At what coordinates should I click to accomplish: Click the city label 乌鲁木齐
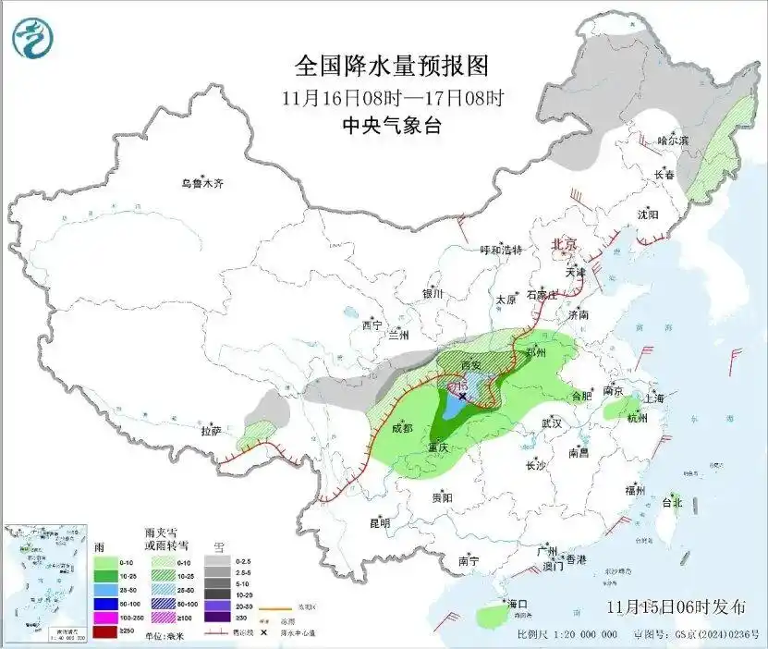pyautogui.click(x=202, y=183)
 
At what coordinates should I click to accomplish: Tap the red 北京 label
pyautogui.click(x=564, y=244)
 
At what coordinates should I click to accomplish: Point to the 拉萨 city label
pyautogui.click(x=211, y=431)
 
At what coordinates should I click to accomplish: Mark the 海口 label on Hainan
pyautogui.click(x=518, y=604)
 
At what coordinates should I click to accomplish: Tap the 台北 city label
pyautogui.click(x=671, y=503)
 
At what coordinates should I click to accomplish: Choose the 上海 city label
pyautogui.click(x=654, y=398)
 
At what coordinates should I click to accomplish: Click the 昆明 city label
pyautogui.click(x=380, y=523)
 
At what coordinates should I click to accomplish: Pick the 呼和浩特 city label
pyautogui.click(x=502, y=251)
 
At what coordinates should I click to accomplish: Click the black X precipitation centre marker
pyautogui.click(x=463, y=395)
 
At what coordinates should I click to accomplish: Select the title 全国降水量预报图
pyautogui.click(x=391, y=67)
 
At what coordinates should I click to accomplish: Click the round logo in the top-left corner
pyautogui.click(x=33, y=38)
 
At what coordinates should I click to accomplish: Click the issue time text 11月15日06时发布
pyautogui.click(x=677, y=607)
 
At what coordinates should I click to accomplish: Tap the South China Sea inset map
pyautogui.click(x=45, y=583)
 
